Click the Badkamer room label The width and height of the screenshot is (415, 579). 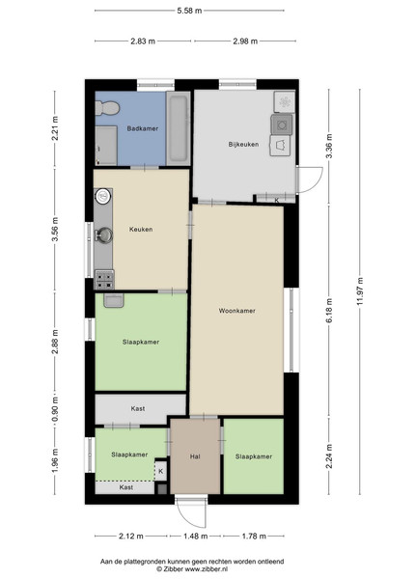pyautogui.click(x=143, y=128)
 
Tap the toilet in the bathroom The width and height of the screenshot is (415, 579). pyautogui.click(x=107, y=107)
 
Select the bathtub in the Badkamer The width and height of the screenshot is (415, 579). pyautogui.click(x=179, y=128)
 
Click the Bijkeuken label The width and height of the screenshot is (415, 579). pyautogui.click(x=243, y=145)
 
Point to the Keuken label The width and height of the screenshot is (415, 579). pyautogui.click(x=141, y=230)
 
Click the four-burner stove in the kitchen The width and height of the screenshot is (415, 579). pyautogui.click(x=105, y=280)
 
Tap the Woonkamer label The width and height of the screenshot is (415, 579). pyautogui.click(x=237, y=311)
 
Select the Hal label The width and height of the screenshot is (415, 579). pyautogui.click(x=195, y=456)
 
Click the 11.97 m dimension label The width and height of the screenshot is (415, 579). pyautogui.click(x=360, y=291)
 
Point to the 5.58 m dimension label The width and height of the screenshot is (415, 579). pyautogui.click(x=189, y=11)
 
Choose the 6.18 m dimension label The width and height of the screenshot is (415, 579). pyautogui.click(x=329, y=310)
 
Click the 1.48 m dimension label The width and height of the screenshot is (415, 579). pyautogui.click(x=195, y=536)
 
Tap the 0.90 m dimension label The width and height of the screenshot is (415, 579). pyautogui.click(x=55, y=409)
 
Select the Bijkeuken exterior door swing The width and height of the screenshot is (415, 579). pyautogui.click(x=310, y=179)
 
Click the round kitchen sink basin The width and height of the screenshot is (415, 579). pyautogui.click(x=103, y=196)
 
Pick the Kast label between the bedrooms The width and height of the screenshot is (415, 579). pyautogui.click(x=138, y=409)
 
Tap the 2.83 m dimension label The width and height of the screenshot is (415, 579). pyautogui.click(x=143, y=41)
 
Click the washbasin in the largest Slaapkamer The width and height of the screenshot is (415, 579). pyautogui.click(x=113, y=300)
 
